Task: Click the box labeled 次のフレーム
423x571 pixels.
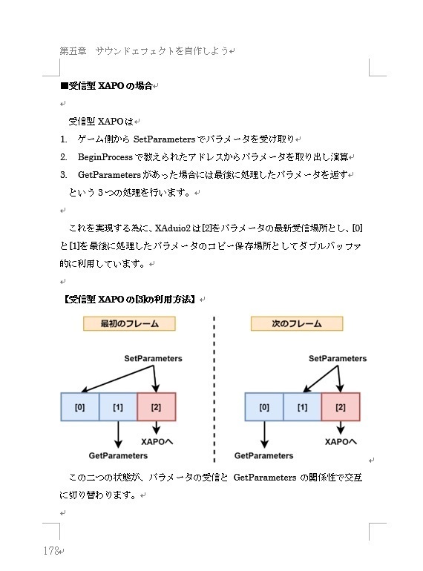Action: tap(297, 323)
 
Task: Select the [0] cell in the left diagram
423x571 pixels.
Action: tap(79, 407)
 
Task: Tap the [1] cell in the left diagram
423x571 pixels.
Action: tap(118, 407)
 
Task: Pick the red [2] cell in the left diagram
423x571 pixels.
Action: tap(156, 407)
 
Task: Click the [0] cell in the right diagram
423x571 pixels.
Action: tap(264, 407)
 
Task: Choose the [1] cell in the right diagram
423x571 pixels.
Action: tap(303, 407)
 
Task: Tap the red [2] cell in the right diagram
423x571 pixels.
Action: tap(341, 407)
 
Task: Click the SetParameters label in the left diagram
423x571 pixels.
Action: tap(153, 358)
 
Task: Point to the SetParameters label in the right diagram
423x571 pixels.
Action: tap(338, 358)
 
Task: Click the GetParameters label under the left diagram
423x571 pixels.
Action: tap(118, 455)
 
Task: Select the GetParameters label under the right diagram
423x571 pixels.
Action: tap(264, 455)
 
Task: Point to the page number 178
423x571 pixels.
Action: tap(51, 551)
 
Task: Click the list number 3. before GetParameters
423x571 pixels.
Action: tap(64, 175)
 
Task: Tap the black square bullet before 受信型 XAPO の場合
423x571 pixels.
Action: tap(63, 86)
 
